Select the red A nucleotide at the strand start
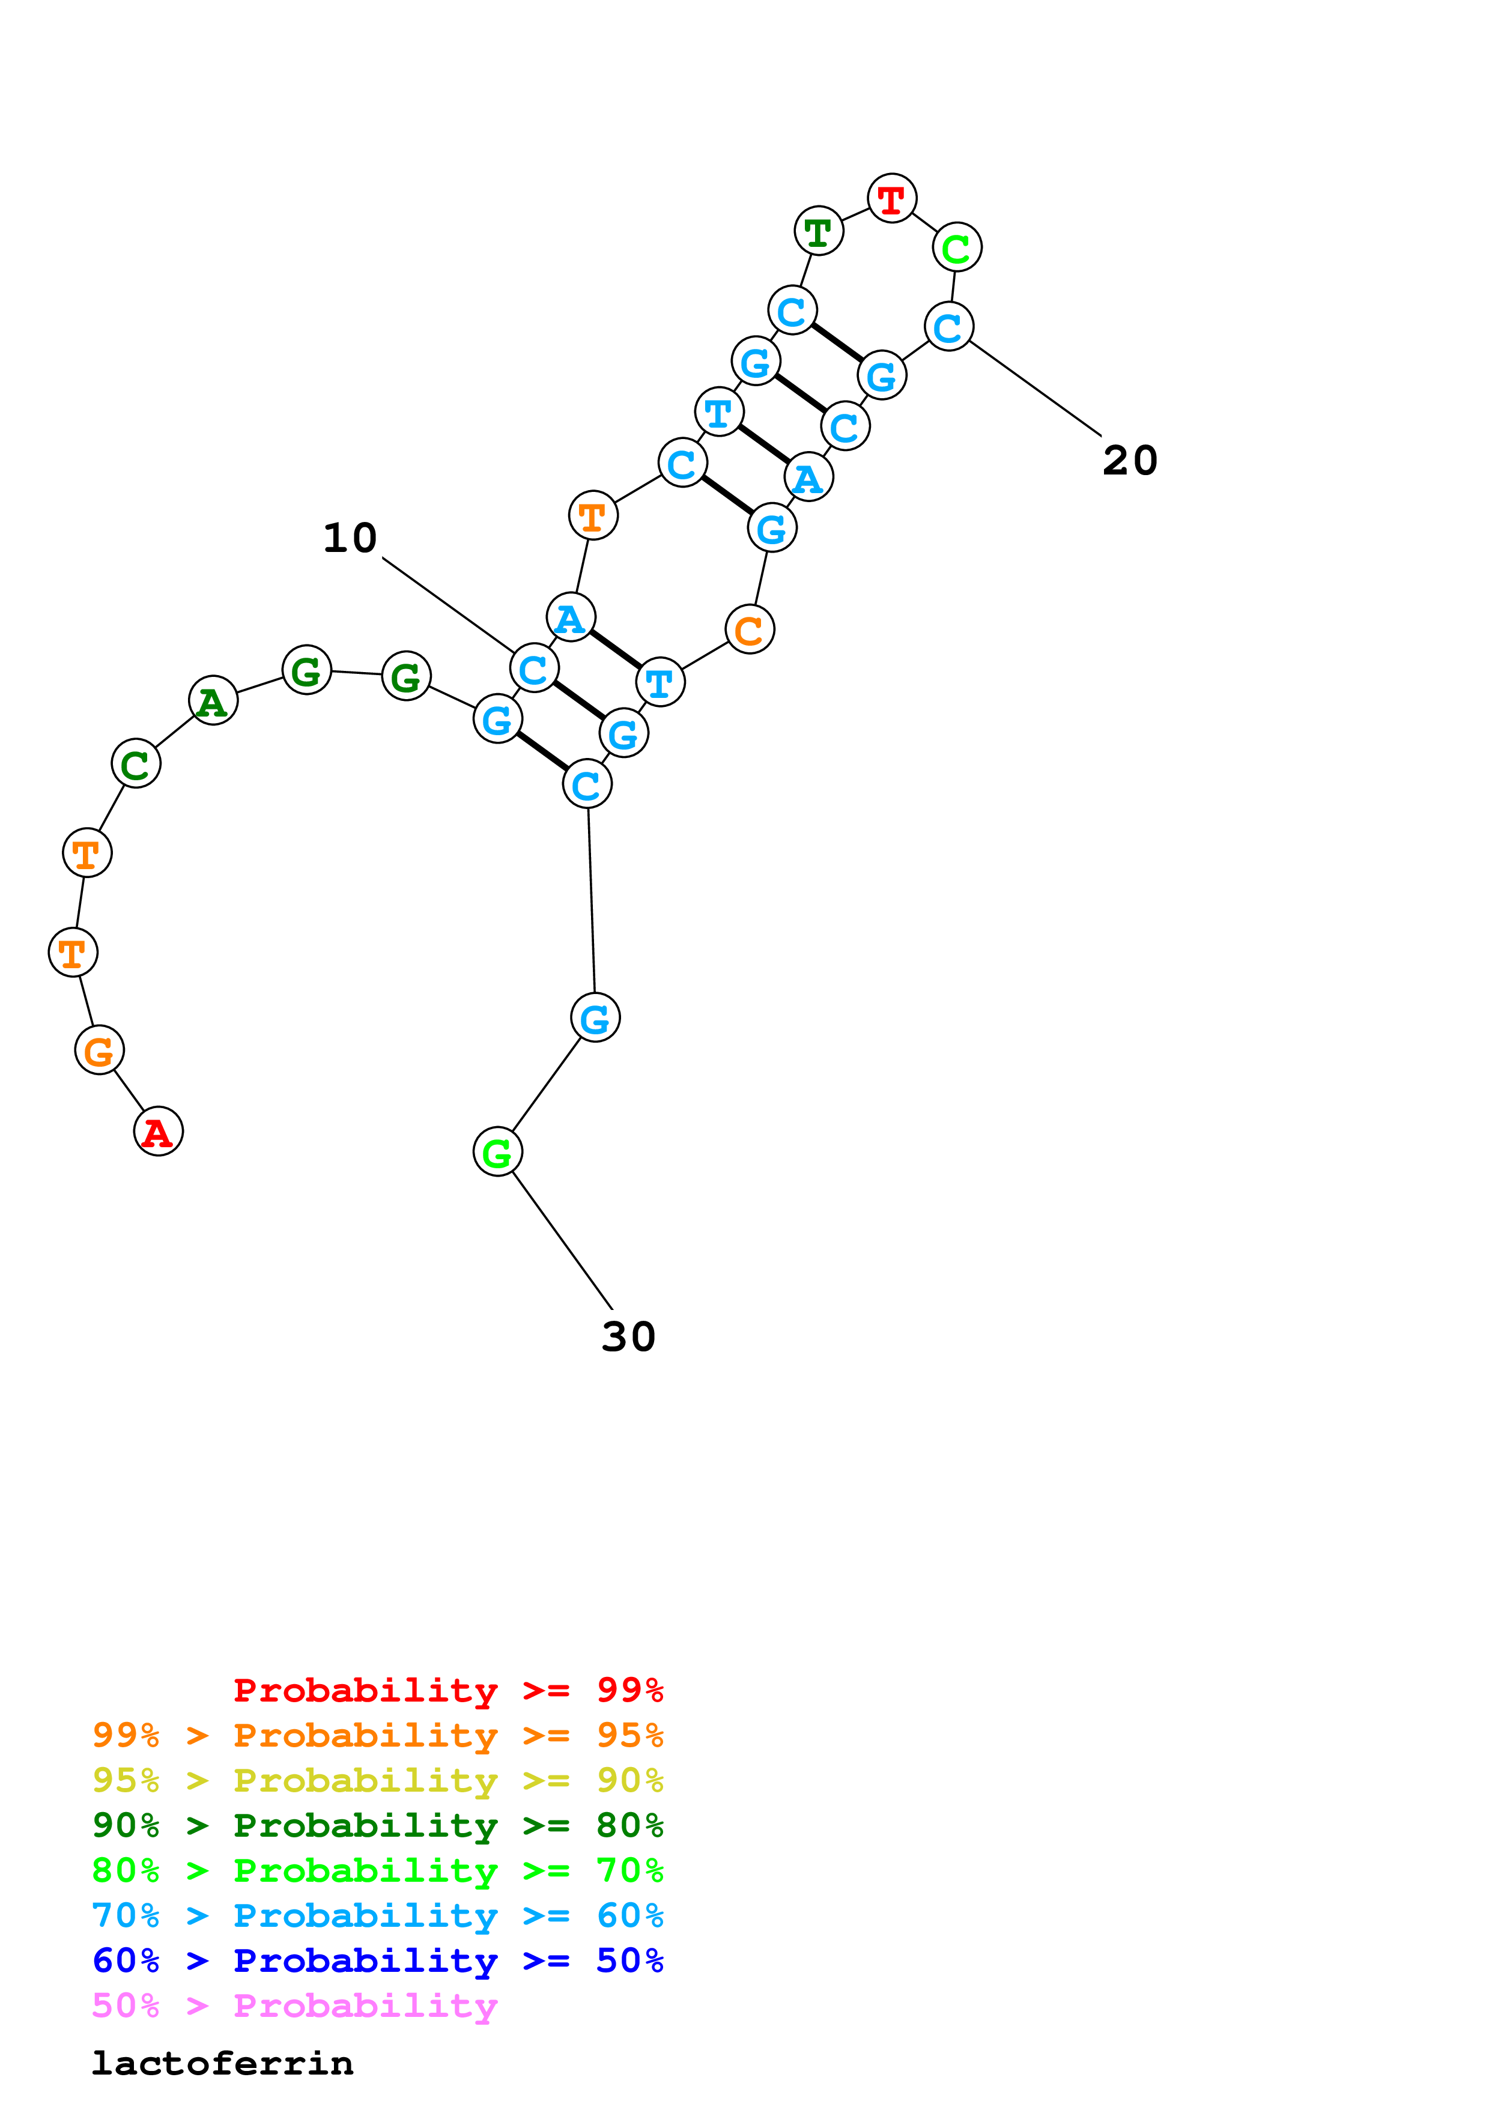point(158,1132)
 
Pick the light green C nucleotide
point(957,248)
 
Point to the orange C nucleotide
point(750,629)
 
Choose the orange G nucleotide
point(99,1050)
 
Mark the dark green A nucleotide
point(213,701)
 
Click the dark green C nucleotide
point(136,763)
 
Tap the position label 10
point(350,538)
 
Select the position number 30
point(628,1337)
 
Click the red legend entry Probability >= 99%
point(447,1690)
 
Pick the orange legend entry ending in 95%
point(377,1735)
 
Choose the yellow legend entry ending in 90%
point(377,1780)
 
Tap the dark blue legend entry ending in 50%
point(377,1960)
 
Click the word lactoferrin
point(222,2064)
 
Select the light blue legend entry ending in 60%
point(377,1915)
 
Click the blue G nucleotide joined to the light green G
point(595,1017)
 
